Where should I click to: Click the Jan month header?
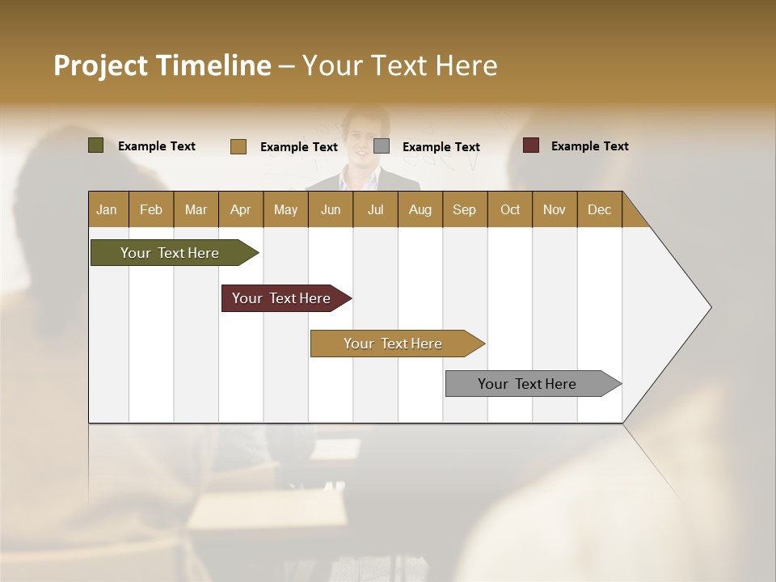[108, 209]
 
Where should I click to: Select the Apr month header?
[241, 209]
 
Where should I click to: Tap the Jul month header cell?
[375, 209]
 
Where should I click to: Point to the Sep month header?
[465, 209]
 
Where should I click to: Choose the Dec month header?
[599, 209]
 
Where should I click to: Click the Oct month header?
[510, 209]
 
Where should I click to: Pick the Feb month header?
[151, 209]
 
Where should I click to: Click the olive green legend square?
[96, 145]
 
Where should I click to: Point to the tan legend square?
[238, 146]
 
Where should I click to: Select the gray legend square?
[382, 146]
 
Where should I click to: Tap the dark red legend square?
[531, 145]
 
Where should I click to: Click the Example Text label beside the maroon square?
[589, 146]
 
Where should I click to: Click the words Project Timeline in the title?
[162, 65]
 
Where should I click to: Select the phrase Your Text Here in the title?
[400, 65]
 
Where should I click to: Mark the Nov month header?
[555, 209]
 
